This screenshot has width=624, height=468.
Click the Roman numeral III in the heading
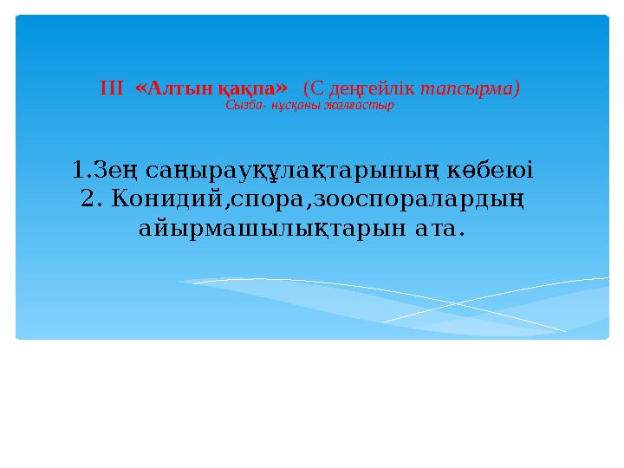click(113, 88)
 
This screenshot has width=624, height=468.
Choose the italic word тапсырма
click(468, 88)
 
